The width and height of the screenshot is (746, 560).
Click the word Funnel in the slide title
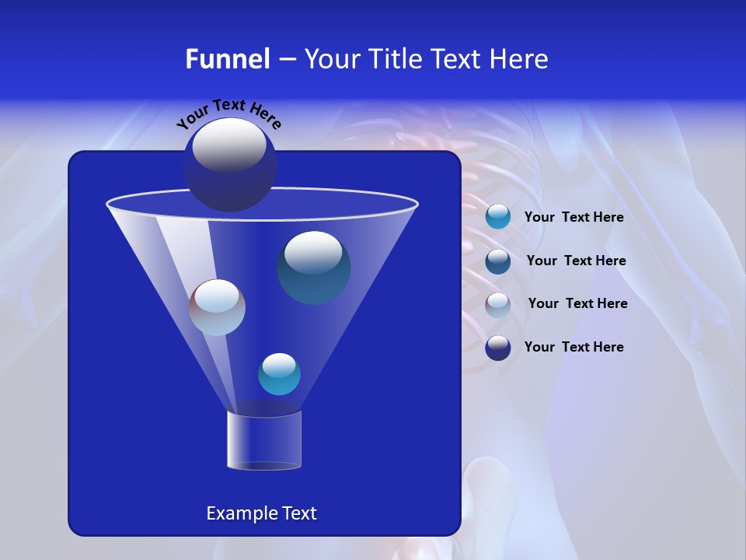click(x=228, y=59)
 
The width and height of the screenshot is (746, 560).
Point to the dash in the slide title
click(x=286, y=60)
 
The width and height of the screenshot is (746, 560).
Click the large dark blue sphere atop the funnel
click(x=230, y=164)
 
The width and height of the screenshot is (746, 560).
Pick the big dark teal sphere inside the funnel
click(x=314, y=268)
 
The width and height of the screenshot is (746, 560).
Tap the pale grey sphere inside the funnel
click(x=217, y=307)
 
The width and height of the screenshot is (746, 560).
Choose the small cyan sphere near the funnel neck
click(x=279, y=374)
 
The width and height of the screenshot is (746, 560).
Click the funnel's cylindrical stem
click(x=263, y=440)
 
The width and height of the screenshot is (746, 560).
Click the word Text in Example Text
click(x=298, y=513)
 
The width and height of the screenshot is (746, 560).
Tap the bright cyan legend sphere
click(x=498, y=217)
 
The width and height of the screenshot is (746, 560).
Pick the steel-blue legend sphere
click(x=498, y=261)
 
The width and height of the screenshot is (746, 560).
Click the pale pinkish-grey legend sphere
click(x=498, y=305)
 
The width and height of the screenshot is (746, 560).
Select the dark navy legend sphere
click(x=498, y=348)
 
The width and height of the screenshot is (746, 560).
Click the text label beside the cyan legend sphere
click(x=573, y=218)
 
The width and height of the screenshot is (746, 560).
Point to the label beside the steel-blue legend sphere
click(x=576, y=261)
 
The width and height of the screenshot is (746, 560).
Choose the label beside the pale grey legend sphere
click(x=577, y=304)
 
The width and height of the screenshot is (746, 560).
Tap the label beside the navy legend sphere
click(x=573, y=347)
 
